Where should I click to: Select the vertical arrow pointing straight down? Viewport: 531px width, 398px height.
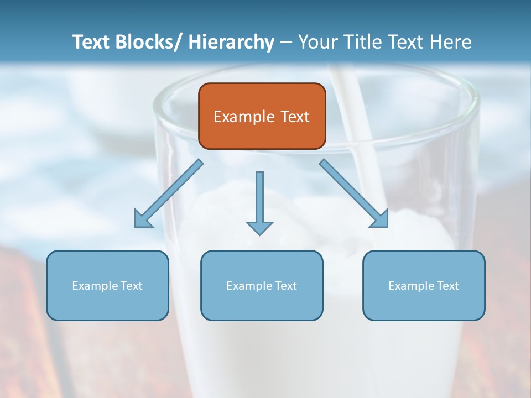pos(259,199)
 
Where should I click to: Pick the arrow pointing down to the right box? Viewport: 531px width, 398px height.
pos(354,193)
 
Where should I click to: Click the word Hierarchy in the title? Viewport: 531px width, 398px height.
pos(231,42)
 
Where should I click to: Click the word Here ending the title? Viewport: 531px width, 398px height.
pos(450,42)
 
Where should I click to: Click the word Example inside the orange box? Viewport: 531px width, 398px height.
pos(244,117)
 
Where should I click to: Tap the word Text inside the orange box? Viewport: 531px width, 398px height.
pos(294,117)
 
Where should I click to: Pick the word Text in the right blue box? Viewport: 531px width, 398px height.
pos(448,286)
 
